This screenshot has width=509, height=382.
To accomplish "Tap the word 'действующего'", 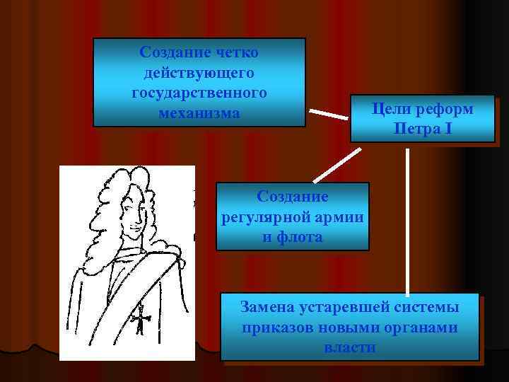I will pyautogui.click(x=199, y=73).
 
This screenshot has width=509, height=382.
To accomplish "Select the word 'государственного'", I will pyautogui.click(x=199, y=93).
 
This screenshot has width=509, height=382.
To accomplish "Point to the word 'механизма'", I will pyautogui.click(x=199, y=113).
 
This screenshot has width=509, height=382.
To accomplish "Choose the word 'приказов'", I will pyautogui.click(x=276, y=328).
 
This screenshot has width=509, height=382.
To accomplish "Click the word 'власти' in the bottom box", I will pyautogui.click(x=349, y=348).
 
